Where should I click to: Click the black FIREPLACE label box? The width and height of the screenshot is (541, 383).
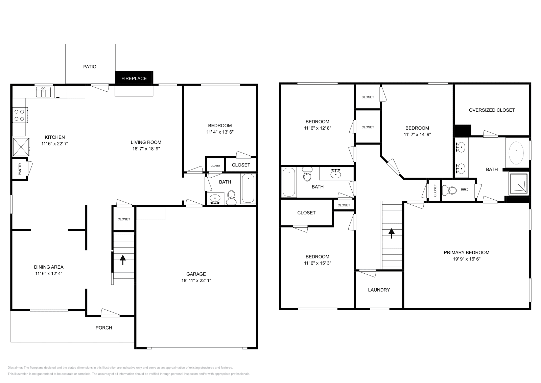(134, 78)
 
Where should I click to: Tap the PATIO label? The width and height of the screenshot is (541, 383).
(90, 67)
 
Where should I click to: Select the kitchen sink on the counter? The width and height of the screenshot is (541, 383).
(44, 92)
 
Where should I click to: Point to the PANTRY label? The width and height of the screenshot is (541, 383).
(20, 169)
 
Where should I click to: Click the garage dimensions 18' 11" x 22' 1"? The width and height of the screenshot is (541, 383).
(196, 280)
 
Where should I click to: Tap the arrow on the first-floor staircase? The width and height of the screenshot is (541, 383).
(123, 260)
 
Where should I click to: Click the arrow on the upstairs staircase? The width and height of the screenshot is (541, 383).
(392, 233)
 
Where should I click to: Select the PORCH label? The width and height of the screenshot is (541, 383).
(104, 328)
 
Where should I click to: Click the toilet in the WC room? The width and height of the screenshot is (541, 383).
(451, 190)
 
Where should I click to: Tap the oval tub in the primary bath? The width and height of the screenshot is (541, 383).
(516, 152)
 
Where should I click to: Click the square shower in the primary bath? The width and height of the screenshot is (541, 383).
(518, 183)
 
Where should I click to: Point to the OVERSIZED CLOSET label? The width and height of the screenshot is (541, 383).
(492, 110)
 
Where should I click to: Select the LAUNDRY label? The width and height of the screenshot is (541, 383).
(379, 290)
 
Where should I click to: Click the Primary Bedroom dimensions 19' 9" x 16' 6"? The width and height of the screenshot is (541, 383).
(466, 259)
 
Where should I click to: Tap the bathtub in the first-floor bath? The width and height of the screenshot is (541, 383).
(248, 188)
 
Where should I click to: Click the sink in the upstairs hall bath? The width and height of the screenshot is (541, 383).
(335, 174)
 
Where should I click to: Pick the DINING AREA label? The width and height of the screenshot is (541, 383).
(49, 267)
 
